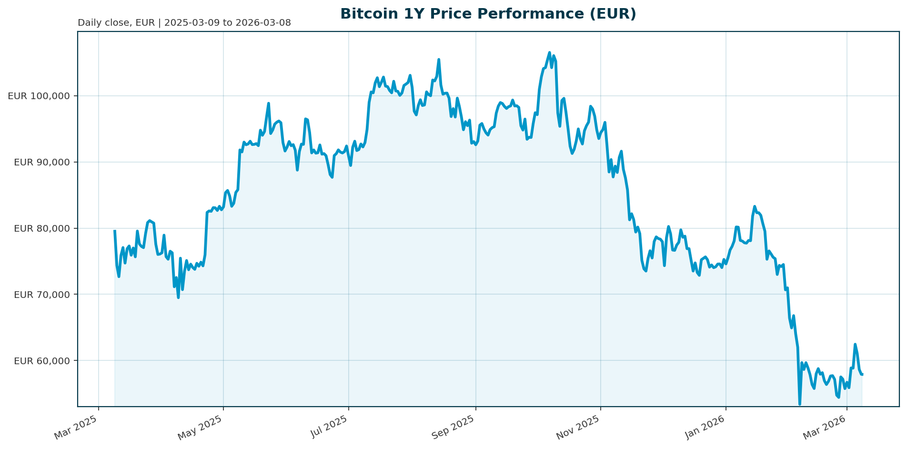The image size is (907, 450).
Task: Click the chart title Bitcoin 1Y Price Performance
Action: tap(488, 14)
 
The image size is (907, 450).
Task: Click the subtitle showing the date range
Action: tap(184, 23)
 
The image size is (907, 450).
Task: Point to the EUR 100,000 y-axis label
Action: tap(39, 96)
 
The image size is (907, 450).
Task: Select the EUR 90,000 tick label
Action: tap(42, 162)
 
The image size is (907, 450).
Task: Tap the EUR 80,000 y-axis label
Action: tap(42, 228)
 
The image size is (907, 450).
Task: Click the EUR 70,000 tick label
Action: tap(42, 295)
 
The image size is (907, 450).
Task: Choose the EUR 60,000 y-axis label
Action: tap(42, 361)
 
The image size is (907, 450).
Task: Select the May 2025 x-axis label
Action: tap(201, 428)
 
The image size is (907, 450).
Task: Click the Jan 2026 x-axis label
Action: tap(705, 428)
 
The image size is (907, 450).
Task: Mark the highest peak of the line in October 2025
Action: tap(549, 52)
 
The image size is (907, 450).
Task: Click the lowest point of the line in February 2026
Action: tap(800, 404)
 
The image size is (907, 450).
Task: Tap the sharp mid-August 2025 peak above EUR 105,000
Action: tap(439, 60)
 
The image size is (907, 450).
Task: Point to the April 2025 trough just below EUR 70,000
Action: tap(178, 297)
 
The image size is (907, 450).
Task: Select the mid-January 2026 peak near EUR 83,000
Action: tap(755, 206)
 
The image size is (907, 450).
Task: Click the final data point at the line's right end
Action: tap(862, 374)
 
